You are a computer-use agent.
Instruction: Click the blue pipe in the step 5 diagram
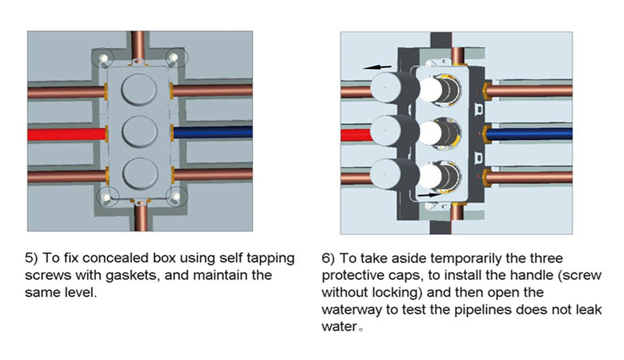click(x=212, y=132)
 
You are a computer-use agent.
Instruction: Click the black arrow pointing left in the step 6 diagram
click(x=377, y=67)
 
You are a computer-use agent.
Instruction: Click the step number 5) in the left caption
click(x=32, y=259)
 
